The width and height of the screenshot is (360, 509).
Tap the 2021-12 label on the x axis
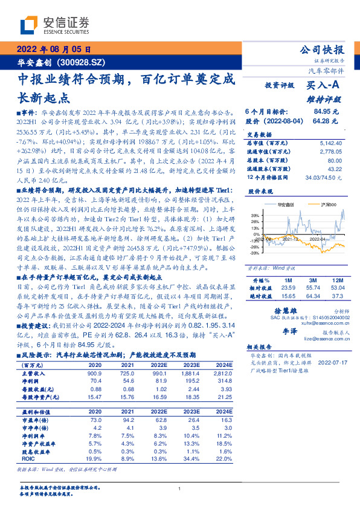pyautogui.click(x=288, y=240)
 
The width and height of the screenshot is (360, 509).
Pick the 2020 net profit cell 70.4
pyautogui.click(x=95, y=381)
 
